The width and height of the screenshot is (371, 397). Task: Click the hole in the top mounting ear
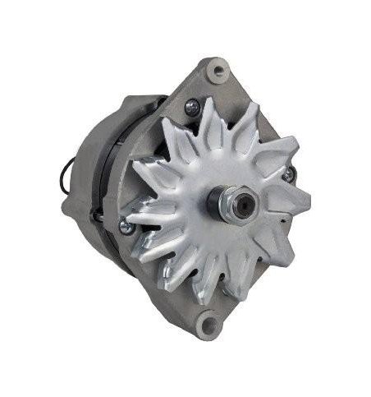point(217,71)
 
